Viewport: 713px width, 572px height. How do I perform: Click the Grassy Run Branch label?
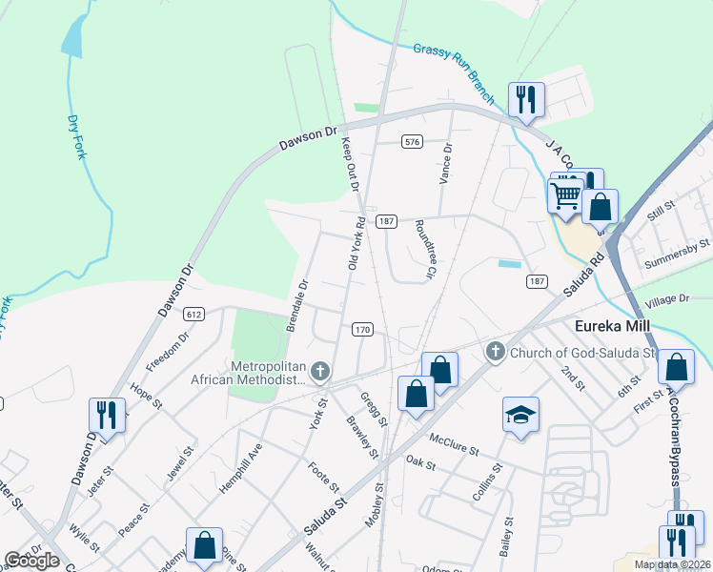coord(454,72)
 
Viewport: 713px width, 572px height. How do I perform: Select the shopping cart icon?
coord(566,194)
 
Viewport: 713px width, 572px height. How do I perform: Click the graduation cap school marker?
coord(520,415)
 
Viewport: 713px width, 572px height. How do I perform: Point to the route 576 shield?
coord(411,141)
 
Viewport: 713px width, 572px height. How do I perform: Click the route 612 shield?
coord(194,314)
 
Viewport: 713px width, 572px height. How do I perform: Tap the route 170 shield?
coord(362,330)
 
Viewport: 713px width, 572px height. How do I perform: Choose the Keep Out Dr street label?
coord(349,164)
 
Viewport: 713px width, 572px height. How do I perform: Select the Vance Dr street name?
coord(444,163)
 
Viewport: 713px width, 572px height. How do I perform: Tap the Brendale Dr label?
coord(297,304)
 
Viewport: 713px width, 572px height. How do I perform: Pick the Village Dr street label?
coord(666,299)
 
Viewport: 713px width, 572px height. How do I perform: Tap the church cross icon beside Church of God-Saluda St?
coord(494,352)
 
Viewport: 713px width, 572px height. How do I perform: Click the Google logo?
coord(31,560)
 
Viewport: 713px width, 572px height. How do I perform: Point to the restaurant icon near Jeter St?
coord(106,415)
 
